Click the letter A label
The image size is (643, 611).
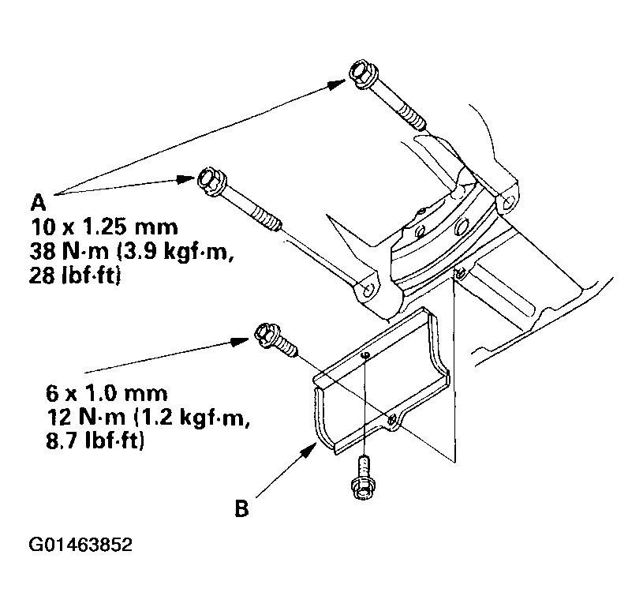(x=38, y=202)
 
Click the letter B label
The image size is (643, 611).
(x=242, y=508)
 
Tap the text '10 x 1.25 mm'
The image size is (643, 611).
(x=105, y=227)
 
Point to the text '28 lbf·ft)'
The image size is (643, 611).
(x=75, y=276)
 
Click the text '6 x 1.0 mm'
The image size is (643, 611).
(x=107, y=393)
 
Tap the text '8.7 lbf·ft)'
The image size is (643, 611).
(x=95, y=441)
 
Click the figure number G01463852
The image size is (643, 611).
(x=80, y=545)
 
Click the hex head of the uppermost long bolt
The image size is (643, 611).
(x=361, y=74)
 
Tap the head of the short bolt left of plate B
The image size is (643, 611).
(x=267, y=335)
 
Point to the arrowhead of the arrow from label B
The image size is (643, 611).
(x=310, y=451)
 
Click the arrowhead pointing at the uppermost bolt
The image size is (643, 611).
(x=337, y=84)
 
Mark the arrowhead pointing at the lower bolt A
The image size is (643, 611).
(x=185, y=179)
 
